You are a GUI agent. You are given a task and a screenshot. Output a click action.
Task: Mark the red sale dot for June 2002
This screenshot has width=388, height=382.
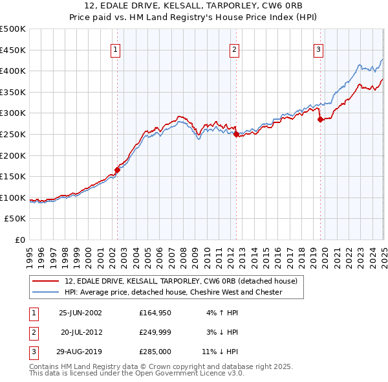(117, 170)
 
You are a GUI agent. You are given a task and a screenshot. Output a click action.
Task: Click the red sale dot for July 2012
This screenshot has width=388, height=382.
(236, 135)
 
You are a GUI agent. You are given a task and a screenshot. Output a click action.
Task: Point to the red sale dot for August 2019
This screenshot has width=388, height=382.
(320, 120)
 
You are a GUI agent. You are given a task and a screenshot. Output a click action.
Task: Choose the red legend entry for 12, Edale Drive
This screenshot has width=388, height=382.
(180, 281)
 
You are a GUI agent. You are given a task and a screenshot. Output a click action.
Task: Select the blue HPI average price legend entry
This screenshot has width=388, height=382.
(173, 292)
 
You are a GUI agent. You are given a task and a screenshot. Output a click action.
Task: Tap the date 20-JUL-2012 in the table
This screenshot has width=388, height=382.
(81, 332)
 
